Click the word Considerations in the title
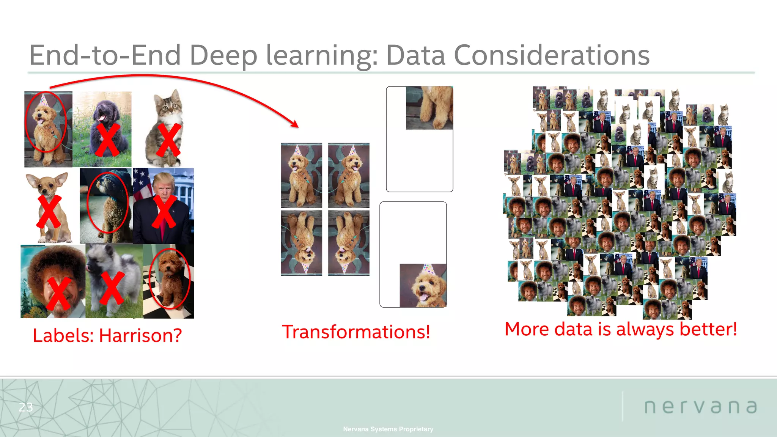(x=552, y=55)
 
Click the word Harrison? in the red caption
(x=140, y=336)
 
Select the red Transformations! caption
(x=356, y=332)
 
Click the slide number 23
(x=26, y=407)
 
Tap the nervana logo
(x=701, y=407)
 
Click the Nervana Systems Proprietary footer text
(x=388, y=429)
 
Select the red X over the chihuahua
(x=49, y=211)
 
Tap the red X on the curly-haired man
(x=59, y=293)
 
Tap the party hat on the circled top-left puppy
(x=43, y=100)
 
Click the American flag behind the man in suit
(x=141, y=182)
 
